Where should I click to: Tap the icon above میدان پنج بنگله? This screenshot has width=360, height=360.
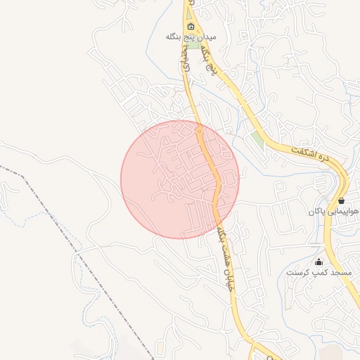pyautogui.click(x=191, y=26)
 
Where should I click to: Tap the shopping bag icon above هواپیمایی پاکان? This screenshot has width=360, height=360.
pyautogui.click(x=341, y=200)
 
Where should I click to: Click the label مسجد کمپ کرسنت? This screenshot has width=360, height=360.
pyautogui.click(x=313, y=271)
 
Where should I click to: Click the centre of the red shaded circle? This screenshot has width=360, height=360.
pyautogui.click(x=180, y=179)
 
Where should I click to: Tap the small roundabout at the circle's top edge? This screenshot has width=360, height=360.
pyautogui.click(x=199, y=131)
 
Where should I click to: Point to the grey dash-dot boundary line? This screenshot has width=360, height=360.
pyautogui.click(x=70, y=232)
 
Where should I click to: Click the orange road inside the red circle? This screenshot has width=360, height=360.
pyautogui.click(x=215, y=176)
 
